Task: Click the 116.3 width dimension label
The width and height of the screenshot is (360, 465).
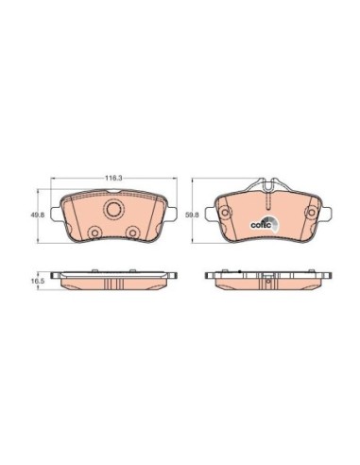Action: pos(113,178)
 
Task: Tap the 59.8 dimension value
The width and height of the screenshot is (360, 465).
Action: pos(192,215)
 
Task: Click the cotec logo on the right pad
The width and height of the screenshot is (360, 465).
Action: pos(265,223)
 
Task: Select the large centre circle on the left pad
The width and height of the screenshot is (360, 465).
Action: pos(114,209)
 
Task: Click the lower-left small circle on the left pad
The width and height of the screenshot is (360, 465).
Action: pos(94,233)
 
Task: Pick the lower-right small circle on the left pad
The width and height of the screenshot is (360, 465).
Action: pos(132,232)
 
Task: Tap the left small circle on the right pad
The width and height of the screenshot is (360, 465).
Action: pos(225,213)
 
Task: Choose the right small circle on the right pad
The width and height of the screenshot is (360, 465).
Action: pos(312,213)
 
